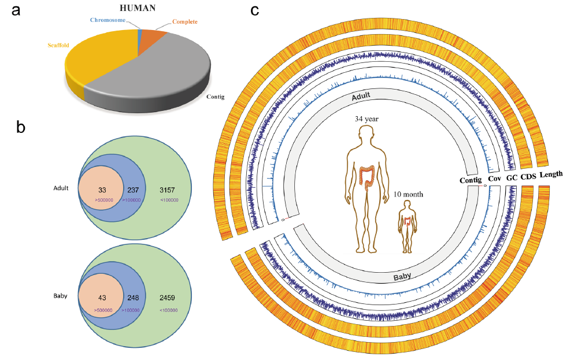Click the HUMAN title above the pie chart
(138, 8)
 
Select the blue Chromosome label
(108, 20)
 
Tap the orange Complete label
(185, 21)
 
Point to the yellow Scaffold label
(58, 45)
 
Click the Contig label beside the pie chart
(215, 97)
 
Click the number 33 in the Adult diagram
(102, 190)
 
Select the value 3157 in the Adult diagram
(167, 190)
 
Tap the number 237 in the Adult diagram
(133, 190)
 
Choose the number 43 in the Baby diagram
(102, 298)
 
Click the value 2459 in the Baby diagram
(167, 298)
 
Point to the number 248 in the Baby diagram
(133, 298)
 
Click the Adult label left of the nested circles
(61, 188)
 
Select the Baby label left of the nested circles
(60, 296)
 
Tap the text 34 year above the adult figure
(366, 119)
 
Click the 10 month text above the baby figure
(408, 194)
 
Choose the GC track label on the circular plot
(512, 177)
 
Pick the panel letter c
(255, 10)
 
